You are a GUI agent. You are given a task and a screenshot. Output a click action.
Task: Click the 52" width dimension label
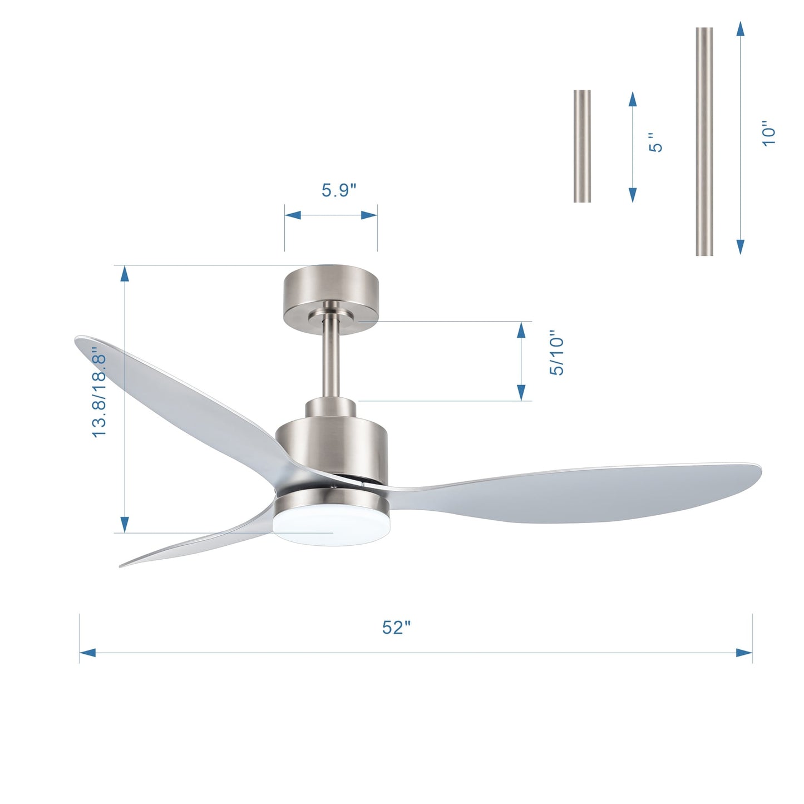pyautogui.click(x=396, y=628)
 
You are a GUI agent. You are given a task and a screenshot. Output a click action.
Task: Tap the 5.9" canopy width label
pyautogui.click(x=338, y=190)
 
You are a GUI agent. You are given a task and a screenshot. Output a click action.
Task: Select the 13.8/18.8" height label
pyautogui.click(x=100, y=393)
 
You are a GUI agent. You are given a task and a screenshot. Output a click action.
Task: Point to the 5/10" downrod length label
pyautogui.click(x=557, y=356)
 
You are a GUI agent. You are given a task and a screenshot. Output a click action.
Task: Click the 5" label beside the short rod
pyautogui.click(x=657, y=142)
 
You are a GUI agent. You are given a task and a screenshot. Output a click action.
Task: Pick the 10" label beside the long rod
pyautogui.click(x=768, y=134)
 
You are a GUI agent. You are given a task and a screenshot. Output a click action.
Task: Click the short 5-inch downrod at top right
pyautogui.click(x=582, y=146)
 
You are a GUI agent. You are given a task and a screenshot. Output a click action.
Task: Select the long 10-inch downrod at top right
pyautogui.click(x=704, y=141)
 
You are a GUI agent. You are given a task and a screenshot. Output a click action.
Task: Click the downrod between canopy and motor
pyautogui.click(x=331, y=356)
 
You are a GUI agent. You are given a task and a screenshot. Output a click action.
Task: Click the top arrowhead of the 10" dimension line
pyautogui.click(x=740, y=29)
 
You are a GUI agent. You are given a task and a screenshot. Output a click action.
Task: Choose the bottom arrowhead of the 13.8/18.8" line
pyautogui.click(x=125, y=524)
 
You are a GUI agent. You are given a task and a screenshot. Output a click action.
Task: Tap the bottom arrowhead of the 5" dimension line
pyautogui.click(x=633, y=195)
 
